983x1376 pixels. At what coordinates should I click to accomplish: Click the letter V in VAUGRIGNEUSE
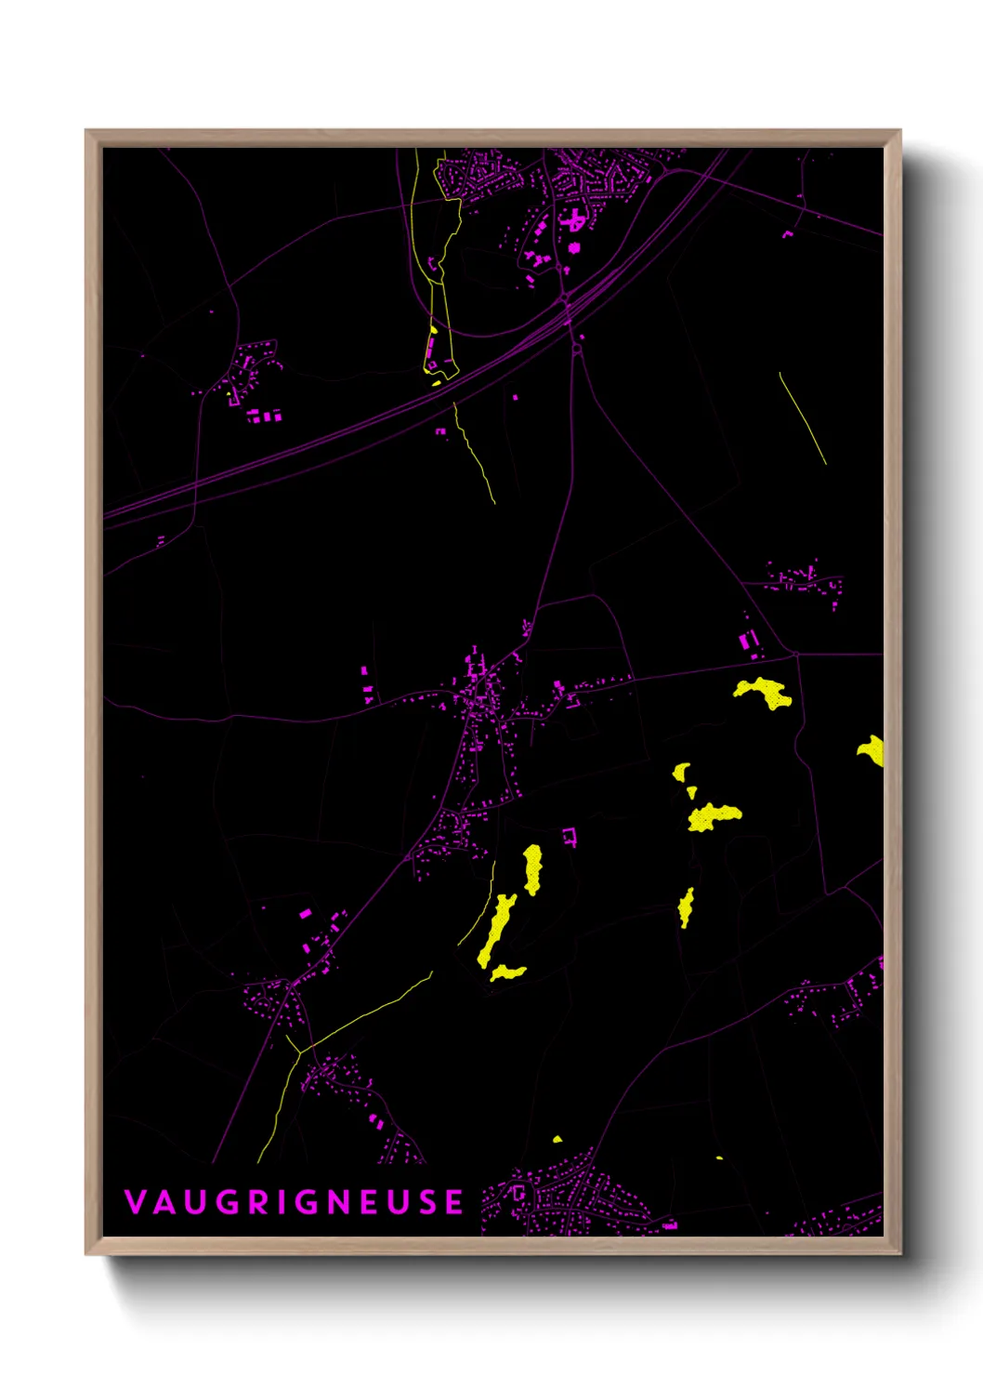135,1202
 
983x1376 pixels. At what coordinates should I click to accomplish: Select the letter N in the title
340,1202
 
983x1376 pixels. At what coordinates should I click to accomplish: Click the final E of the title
454,1202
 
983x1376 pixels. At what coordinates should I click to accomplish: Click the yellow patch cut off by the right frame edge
872,749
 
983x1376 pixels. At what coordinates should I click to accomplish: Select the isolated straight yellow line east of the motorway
803,417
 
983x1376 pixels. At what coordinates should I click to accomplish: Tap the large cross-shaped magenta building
574,220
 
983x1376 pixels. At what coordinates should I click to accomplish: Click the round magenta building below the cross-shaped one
574,247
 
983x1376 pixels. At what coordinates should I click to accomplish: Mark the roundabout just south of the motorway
577,349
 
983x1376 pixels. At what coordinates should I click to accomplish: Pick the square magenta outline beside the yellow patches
570,837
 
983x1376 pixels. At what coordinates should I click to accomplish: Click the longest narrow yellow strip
496,930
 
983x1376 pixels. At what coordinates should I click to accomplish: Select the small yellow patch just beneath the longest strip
507,972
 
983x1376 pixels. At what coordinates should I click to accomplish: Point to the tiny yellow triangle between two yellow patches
691,792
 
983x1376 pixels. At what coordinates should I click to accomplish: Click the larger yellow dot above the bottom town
557,1139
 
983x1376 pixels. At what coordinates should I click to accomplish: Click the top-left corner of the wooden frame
86,131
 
